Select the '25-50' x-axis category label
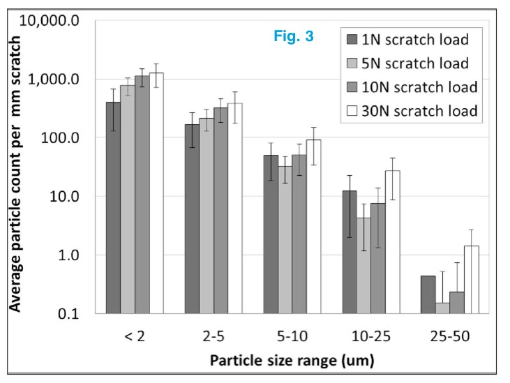click(451, 337)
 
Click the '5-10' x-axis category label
click(292, 337)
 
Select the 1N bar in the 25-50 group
click(428, 294)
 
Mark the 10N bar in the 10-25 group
click(377, 258)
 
